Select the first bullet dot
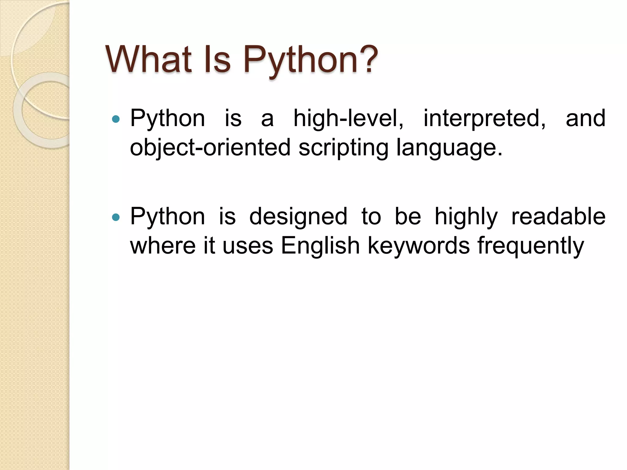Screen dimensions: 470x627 (x=116, y=119)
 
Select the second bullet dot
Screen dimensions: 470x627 (x=116, y=217)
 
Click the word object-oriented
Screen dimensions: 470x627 (x=210, y=148)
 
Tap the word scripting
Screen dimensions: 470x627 (x=343, y=148)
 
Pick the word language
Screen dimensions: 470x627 (x=449, y=148)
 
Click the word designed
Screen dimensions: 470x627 (x=298, y=217)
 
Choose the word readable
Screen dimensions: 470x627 (x=558, y=217)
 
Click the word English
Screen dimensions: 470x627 (x=320, y=246)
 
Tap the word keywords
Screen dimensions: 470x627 (x=419, y=246)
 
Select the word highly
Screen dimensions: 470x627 (x=466, y=217)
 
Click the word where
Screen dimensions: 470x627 (x=163, y=246)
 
